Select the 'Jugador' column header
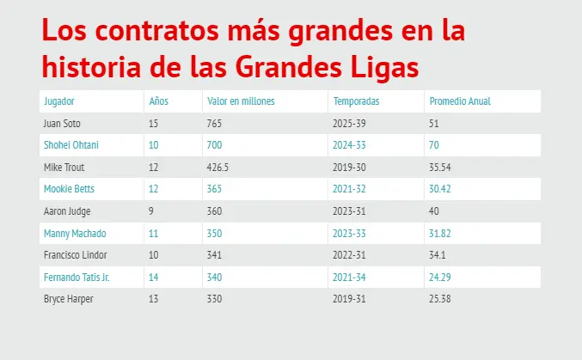(58, 101)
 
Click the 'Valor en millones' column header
(241, 101)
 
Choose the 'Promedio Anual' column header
(459, 101)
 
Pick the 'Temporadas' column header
(356, 101)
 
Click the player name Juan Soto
(62, 124)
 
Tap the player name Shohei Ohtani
(70, 145)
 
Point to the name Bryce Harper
(68, 299)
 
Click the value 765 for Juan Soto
(214, 124)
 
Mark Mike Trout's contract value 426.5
(218, 167)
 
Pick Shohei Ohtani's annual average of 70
(433, 145)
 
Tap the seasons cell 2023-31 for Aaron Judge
(350, 211)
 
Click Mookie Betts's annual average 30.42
(439, 189)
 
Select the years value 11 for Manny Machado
(154, 233)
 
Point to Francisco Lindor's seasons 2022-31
(350, 255)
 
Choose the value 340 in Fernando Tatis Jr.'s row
(214, 277)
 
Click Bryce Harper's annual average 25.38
(439, 299)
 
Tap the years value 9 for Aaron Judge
(152, 211)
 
